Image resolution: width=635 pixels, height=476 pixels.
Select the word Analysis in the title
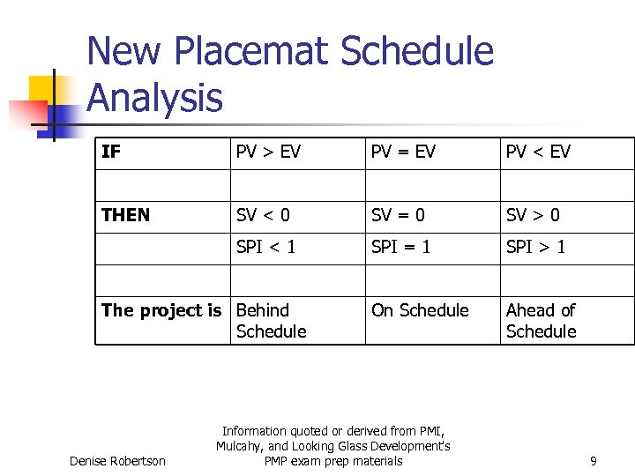[x=155, y=97]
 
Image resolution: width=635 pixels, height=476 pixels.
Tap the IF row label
[x=111, y=152]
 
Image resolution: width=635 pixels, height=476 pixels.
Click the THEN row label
[x=126, y=215]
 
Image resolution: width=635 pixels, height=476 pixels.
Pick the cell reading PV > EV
[x=268, y=152]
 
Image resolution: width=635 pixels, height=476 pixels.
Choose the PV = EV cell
[x=403, y=152]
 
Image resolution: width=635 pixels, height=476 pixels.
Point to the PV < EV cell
[x=538, y=152]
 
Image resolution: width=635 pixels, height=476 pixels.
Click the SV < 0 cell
[x=263, y=215]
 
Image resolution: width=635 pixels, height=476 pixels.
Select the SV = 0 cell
[x=398, y=215]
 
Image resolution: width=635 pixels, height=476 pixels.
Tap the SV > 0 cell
[x=533, y=215]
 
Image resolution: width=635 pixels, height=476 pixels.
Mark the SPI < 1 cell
[x=266, y=247]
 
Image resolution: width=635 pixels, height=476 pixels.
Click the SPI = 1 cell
[x=401, y=247]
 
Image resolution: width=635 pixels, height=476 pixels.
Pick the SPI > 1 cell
[x=536, y=247]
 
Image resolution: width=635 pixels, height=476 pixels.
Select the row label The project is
[x=161, y=310]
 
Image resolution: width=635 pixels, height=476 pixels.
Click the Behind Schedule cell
[x=272, y=321]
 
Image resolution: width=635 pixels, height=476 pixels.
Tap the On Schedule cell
[x=420, y=310]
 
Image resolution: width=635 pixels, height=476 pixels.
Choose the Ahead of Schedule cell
[x=541, y=321]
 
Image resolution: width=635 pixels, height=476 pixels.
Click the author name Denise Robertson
[x=117, y=461]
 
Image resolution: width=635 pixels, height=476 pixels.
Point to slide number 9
[x=594, y=461]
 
